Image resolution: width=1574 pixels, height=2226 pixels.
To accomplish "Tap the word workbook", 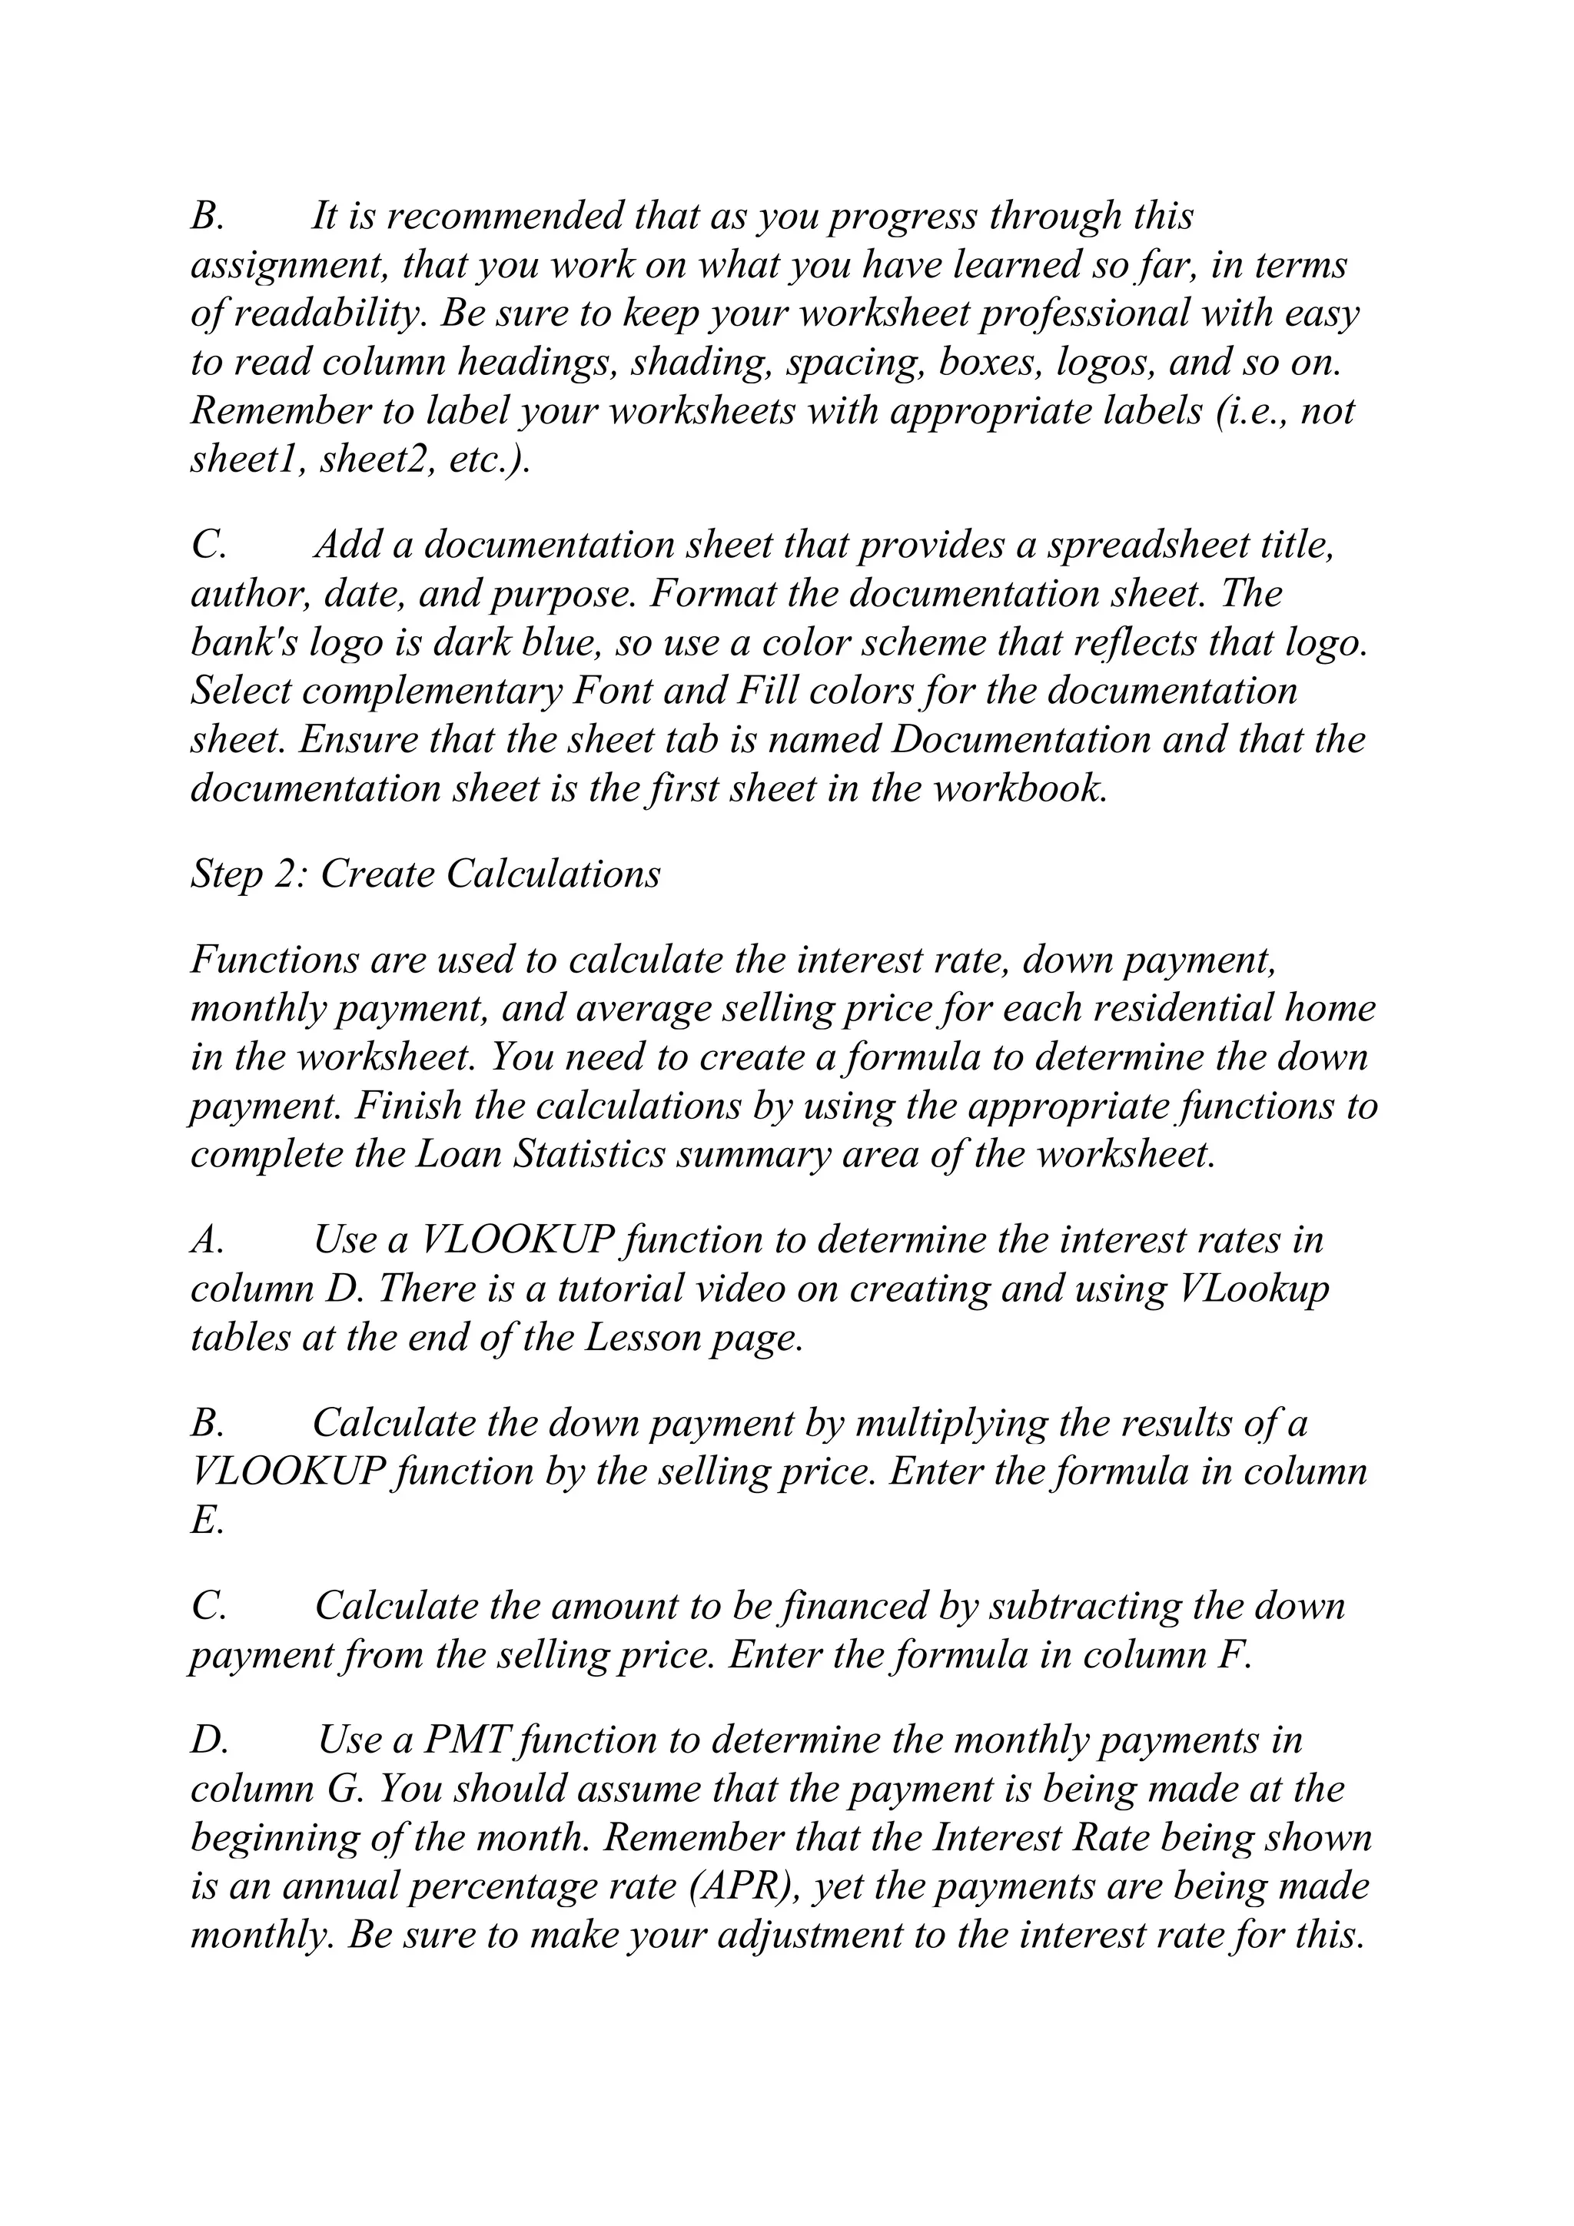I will (1020, 788).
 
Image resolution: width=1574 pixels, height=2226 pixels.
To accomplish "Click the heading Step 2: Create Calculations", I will (426, 874).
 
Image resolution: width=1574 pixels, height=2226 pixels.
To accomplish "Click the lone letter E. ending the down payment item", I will (206, 1520).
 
